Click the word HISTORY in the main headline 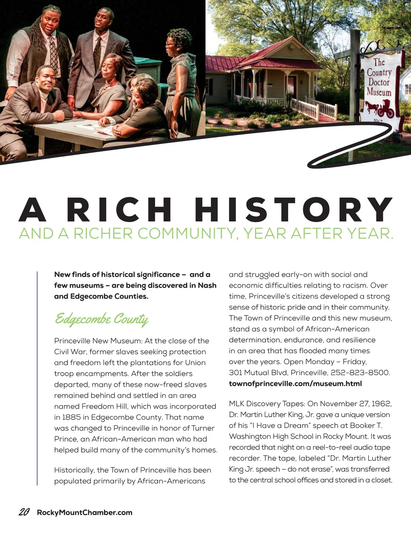click(x=293, y=210)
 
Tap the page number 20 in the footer click(x=24, y=512)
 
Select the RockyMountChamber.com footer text click(x=84, y=513)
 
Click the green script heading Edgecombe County click(x=101, y=319)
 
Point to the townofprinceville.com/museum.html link click(x=295, y=383)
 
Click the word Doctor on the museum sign click(x=379, y=82)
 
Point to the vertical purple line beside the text click(x=37, y=377)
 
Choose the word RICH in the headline click(x=120, y=210)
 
